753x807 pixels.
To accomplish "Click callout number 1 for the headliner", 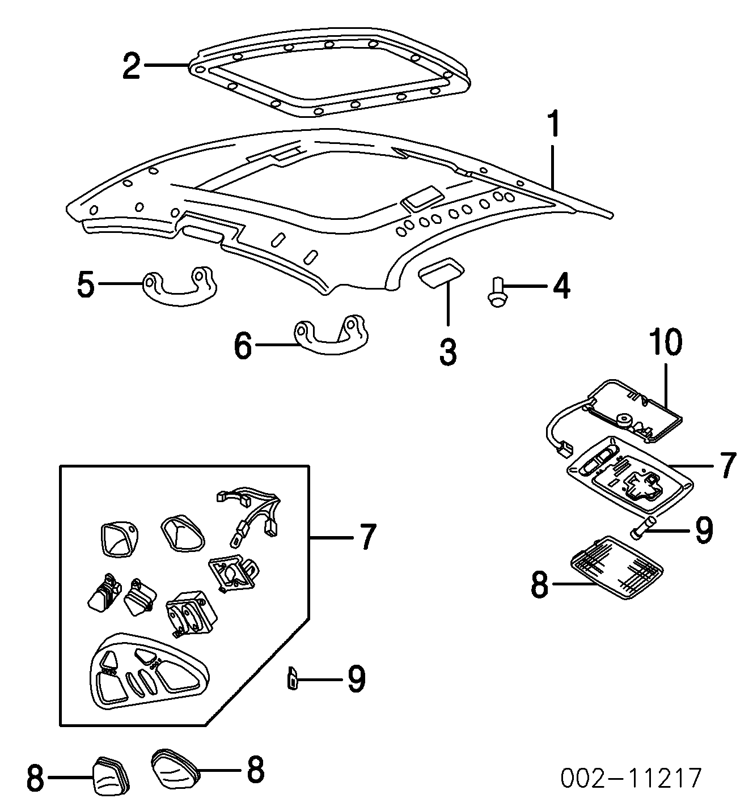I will click(552, 125).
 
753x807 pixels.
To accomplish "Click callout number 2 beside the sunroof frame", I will click(132, 66).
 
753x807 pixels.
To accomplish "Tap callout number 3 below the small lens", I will click(447, 351).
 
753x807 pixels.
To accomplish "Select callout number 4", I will click(561, 286).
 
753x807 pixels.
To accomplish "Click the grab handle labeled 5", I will click(180, 283).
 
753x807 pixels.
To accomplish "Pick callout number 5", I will click(86, 284).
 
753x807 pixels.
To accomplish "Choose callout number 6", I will click(243, 345).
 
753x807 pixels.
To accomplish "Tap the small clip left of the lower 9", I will click(293, 678).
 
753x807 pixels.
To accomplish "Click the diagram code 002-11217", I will click(631, 779).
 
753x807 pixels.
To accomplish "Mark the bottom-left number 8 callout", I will click(35, 778).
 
